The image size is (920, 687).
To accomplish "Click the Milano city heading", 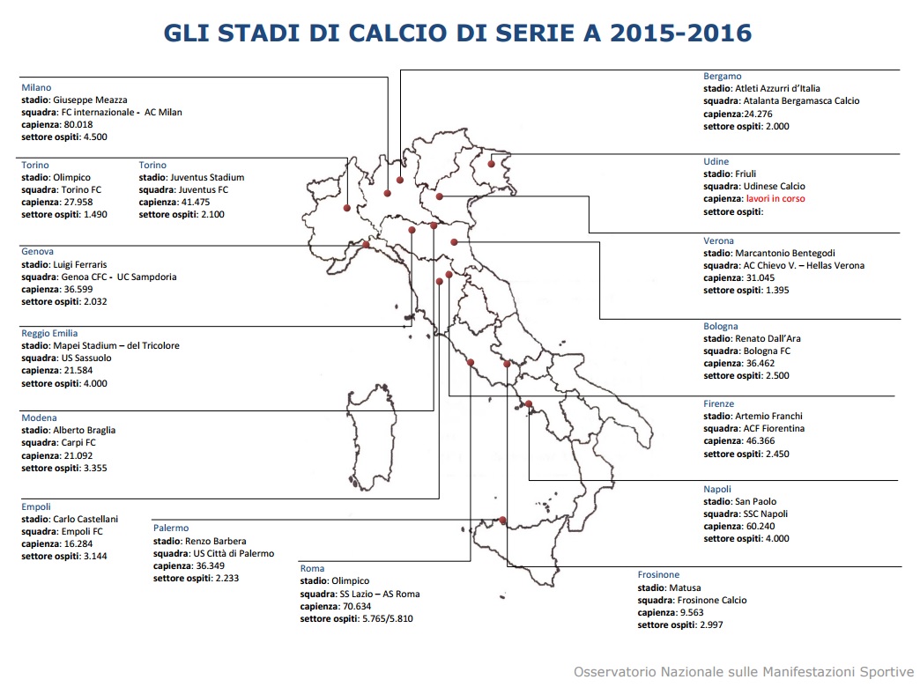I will tap(36, 88).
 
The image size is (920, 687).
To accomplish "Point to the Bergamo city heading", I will tap(722, 77).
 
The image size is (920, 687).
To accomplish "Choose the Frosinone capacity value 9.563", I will tap(694, 613).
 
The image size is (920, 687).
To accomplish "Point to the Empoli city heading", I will tap(36, 507).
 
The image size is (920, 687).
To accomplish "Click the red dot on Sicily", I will tap(501, 521).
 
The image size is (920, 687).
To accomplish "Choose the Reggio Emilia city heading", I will tap(49, 334).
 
